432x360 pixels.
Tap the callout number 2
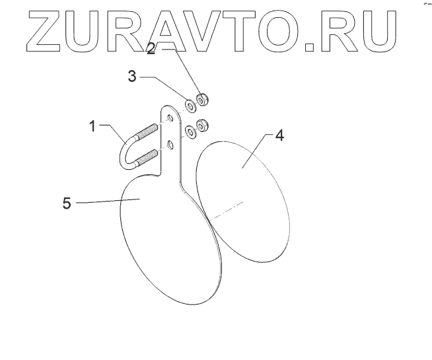pyautogui.click(x=151, y=50)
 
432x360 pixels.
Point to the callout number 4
pyautogui.click(x=279, y=136)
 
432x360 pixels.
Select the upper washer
pyautogui.click(x=189, y=104)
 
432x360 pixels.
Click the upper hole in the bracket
pyautogui.click(x=170, y=118)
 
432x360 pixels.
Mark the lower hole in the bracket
pyautogui.click(x=170, y=143)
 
